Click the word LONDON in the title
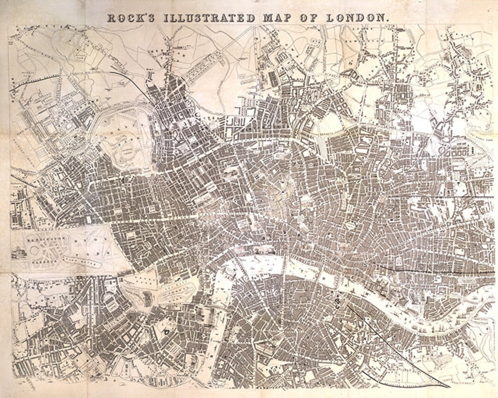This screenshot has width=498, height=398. (x=357, y=18)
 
